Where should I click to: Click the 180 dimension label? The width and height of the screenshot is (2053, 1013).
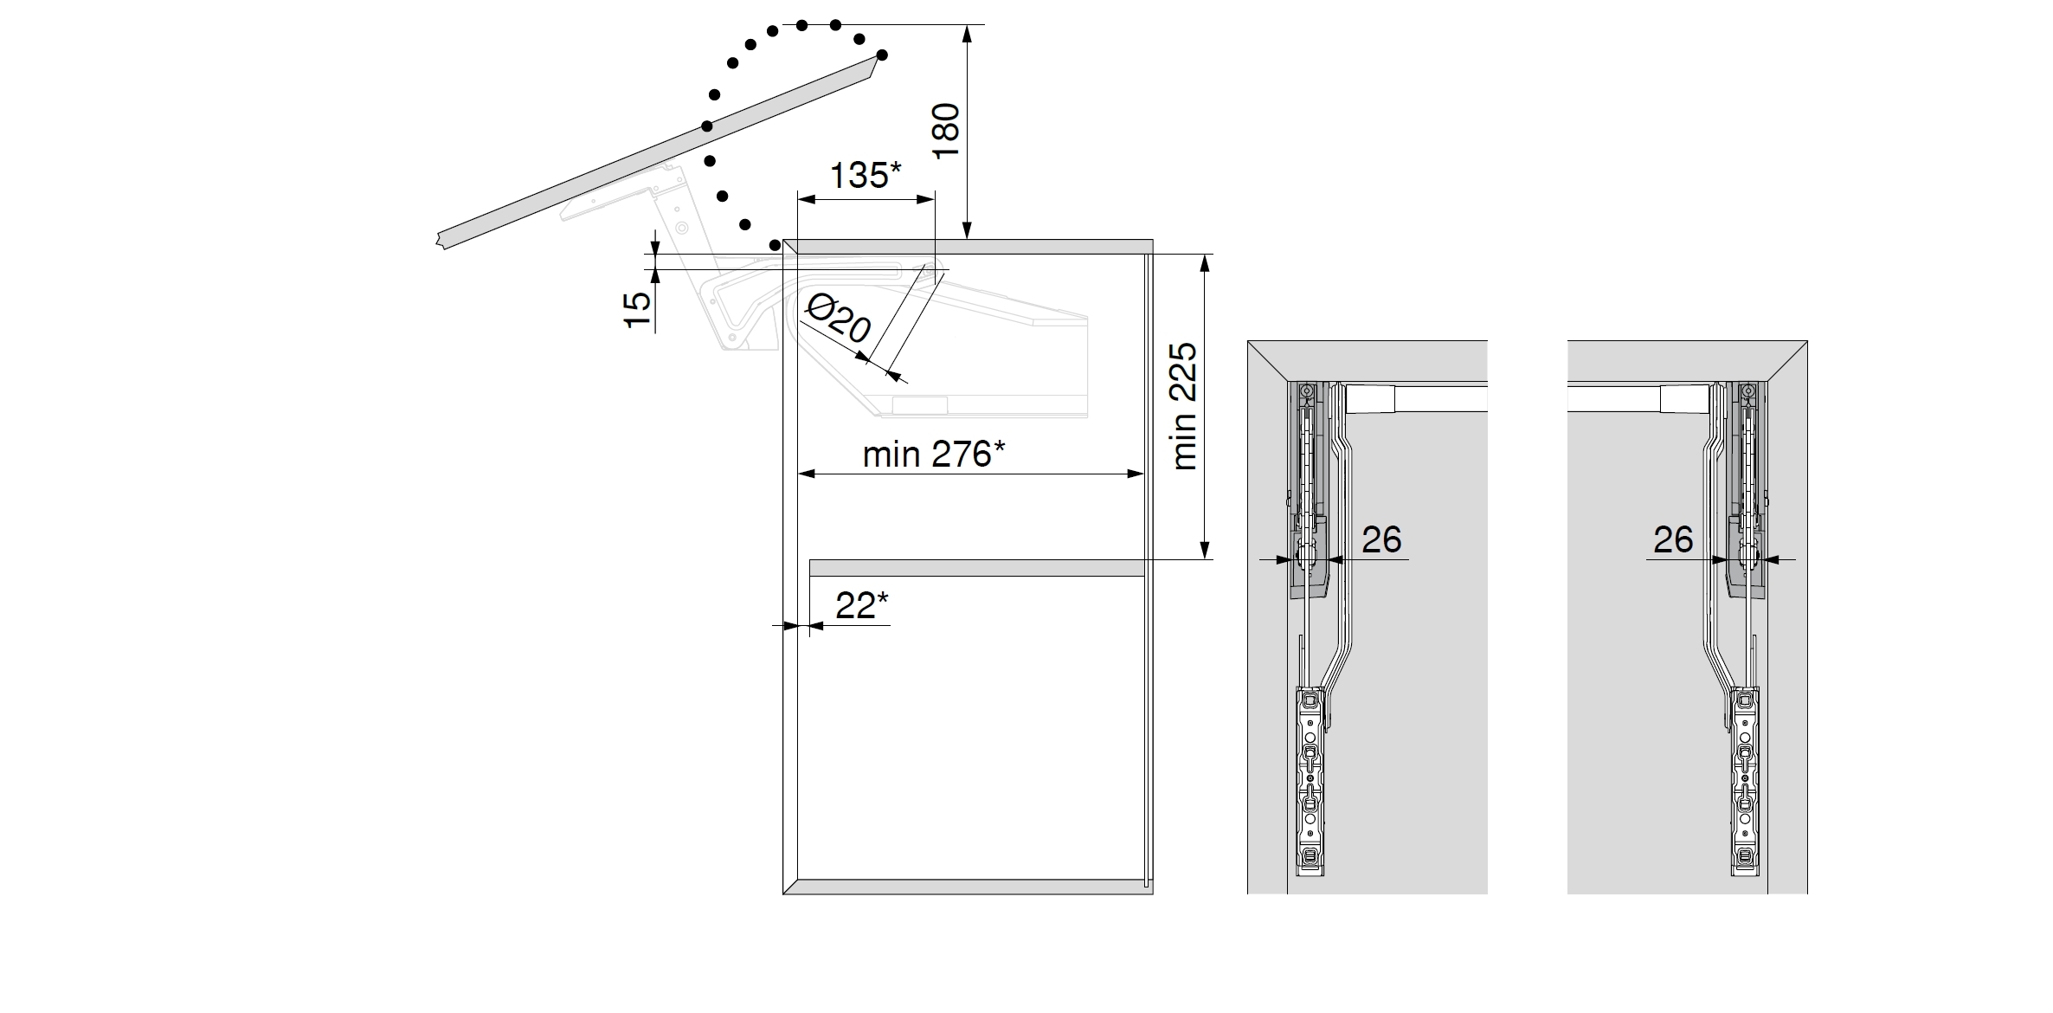(948, 130)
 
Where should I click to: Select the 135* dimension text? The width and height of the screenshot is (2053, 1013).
(866, 175)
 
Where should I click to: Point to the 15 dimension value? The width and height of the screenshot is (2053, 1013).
(637, 309)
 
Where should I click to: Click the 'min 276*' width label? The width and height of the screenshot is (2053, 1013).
(934, 454)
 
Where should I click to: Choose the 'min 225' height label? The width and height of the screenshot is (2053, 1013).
(1183, 406)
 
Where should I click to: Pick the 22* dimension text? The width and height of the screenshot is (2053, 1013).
(862, 605)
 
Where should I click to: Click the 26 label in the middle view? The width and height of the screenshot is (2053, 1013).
(1381, 539)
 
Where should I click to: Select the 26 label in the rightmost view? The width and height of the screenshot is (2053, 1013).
(1673, 539)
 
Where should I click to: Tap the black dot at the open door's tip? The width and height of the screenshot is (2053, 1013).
(882, 55)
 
